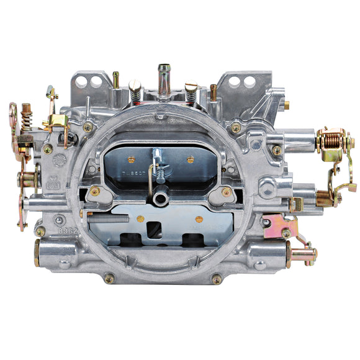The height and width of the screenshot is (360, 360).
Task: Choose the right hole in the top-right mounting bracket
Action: click(x=249, y=81)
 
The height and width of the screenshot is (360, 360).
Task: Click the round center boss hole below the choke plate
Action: click(x=161, y=199)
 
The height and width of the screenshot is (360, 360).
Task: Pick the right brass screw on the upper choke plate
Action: click(x=191, y=160)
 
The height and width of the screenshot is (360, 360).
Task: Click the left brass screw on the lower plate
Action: click(x=140, y=218)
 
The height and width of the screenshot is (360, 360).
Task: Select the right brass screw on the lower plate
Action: click(x=199, y=219)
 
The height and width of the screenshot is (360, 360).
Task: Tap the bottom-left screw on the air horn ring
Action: click(x=109, y=277)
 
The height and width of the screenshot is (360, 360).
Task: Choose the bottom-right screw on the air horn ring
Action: click(x=217, y=279)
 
